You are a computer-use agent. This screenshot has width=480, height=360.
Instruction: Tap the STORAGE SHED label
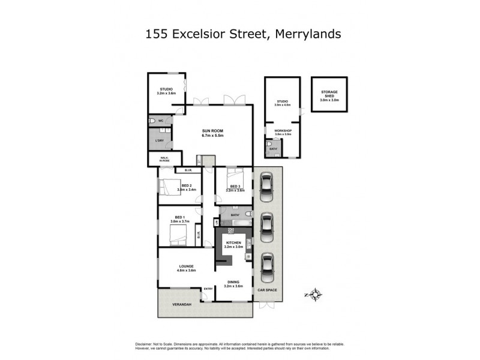tap(329, 94)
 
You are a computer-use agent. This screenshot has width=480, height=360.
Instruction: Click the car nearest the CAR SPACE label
tap(267, 265)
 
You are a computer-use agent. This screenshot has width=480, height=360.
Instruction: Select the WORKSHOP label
tap(283, 131)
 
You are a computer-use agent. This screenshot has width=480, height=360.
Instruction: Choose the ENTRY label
tap(208, 289)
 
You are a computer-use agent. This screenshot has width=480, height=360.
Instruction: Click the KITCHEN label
tap(233, 242)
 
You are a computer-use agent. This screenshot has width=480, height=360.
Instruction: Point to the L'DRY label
tap(160, 140)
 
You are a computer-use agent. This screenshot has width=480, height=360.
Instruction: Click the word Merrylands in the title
tap(308, 34)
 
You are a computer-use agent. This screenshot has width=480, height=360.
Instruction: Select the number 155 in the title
tap(157, 34)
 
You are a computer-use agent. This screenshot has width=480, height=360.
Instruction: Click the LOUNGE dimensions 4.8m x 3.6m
tap(185, 271)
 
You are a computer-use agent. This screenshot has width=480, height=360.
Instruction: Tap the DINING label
tap(233, 281)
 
